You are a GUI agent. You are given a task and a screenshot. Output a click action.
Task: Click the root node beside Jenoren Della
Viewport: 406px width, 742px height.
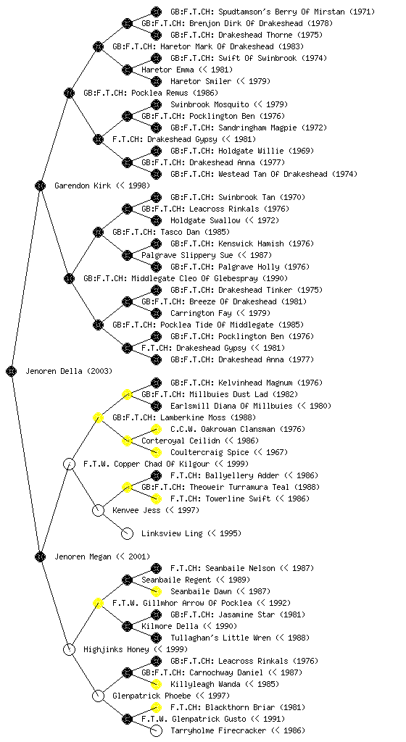click(12, 371)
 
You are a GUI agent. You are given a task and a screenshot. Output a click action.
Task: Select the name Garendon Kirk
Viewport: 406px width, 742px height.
click(82, 185)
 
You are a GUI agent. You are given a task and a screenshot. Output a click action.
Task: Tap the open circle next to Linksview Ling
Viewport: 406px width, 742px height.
click(128, 533)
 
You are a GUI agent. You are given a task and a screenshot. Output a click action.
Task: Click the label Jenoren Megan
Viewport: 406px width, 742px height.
click(82, 556)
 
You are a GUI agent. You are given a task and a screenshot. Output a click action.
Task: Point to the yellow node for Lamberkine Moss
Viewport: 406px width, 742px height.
click(98, 417)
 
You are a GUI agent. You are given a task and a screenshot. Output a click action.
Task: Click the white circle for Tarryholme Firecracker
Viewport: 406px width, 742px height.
click(156, 730)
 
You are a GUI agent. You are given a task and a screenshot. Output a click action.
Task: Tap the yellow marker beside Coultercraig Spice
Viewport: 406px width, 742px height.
click(156, 452)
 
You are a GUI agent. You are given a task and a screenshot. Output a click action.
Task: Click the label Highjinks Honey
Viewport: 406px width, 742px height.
click(117, 649)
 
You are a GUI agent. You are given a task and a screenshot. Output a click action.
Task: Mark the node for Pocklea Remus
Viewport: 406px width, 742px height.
click(69, 93)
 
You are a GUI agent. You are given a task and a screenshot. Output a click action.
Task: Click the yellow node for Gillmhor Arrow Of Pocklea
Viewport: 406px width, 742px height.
click(98, 603)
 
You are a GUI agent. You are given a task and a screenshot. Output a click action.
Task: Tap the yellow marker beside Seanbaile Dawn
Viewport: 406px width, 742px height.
click(156, 591)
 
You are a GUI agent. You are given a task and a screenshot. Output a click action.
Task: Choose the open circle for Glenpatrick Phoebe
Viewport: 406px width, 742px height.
click(98, 696)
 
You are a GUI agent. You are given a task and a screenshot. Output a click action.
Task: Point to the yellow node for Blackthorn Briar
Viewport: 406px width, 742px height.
click(156, 707)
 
